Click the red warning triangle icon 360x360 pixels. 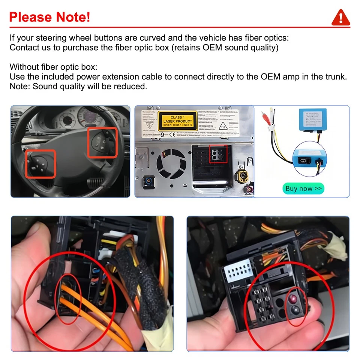pyautogui.click(x=340, y=17)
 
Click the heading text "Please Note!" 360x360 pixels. pyautogui.click(x=49, y=17)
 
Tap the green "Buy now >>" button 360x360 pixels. pyautogui.click(x=303, y=189)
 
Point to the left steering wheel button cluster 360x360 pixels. pyautogui.click(x=40, y=163)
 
